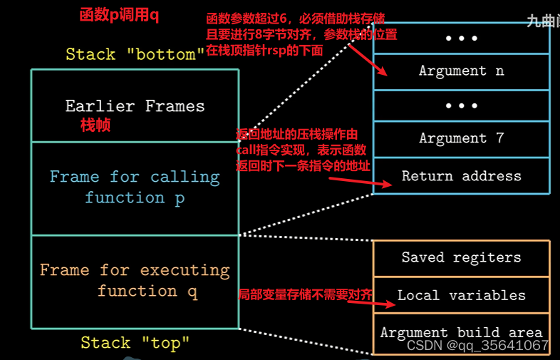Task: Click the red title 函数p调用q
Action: point(119,15)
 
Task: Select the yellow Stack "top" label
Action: point(135,343)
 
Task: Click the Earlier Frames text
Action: point(135,106)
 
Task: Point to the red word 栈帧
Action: point(95,126)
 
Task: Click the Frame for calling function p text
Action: point(135,187)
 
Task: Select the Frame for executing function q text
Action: point(135,280)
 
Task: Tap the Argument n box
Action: point(461,71)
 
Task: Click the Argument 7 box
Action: point(461,138)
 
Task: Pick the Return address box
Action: point(461,175)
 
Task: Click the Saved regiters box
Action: point(461,257)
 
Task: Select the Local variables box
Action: point(461,295)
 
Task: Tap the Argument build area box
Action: point(461,332)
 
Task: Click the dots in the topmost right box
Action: point(461,38)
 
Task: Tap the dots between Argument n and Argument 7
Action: point(461,105)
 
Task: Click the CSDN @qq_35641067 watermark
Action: point(477,346)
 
